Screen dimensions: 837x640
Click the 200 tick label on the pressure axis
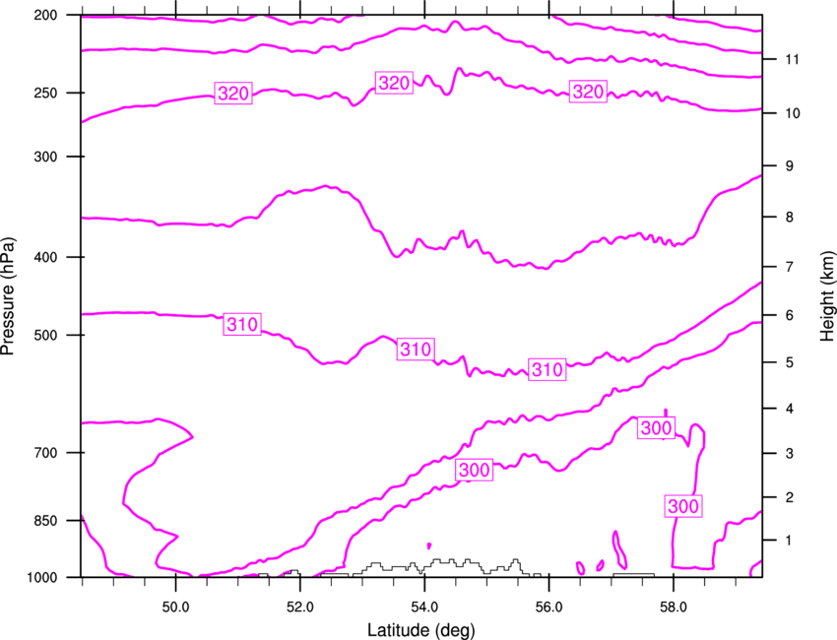click(x=46, y=15)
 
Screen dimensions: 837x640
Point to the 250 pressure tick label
click(x=46, y=93)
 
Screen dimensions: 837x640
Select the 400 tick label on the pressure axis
click(x=46, y=257)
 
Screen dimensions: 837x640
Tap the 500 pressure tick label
click(x=46, y=335)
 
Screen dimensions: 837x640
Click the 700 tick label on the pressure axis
click(x=46, y=453)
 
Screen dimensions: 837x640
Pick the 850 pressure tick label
click(x=46, y=521)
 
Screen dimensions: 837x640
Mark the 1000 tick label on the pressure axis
click(x=42, y=577)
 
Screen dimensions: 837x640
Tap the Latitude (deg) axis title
click(x=421, y=630)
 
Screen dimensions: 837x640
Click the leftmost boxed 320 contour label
click(x=233, y=94)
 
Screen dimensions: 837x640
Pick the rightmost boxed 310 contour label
click(x=547, y=369)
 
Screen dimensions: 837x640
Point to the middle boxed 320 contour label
click(x=394, y=83)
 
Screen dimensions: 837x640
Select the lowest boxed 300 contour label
click(x=683, y=505)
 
